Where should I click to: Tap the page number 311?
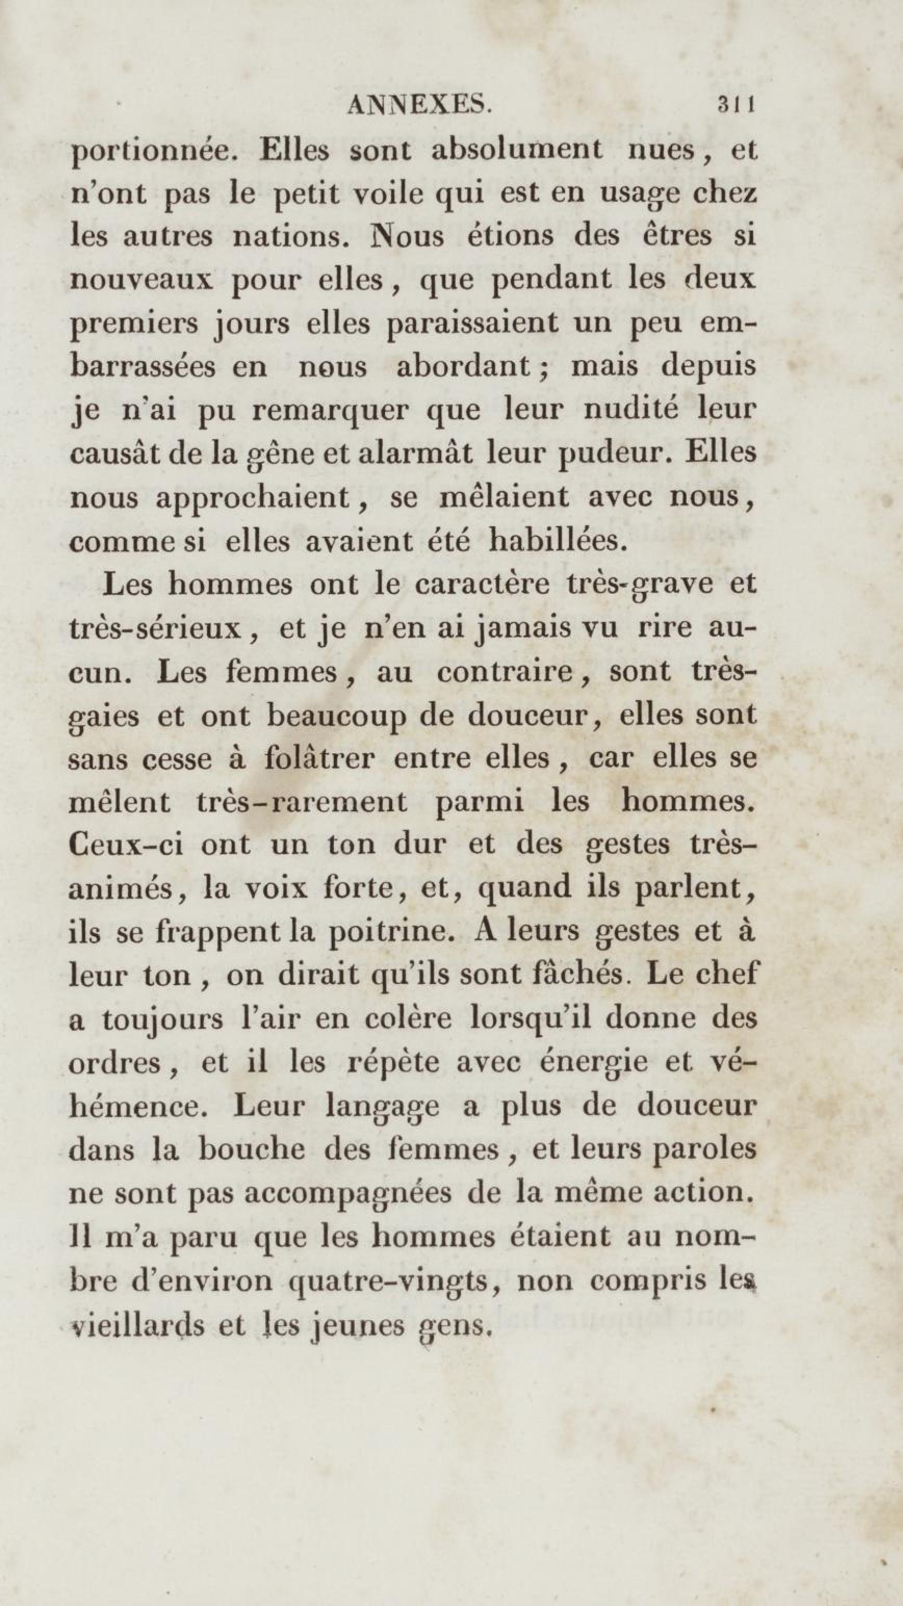click(737, 104)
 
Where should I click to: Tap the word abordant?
click(463, 367)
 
